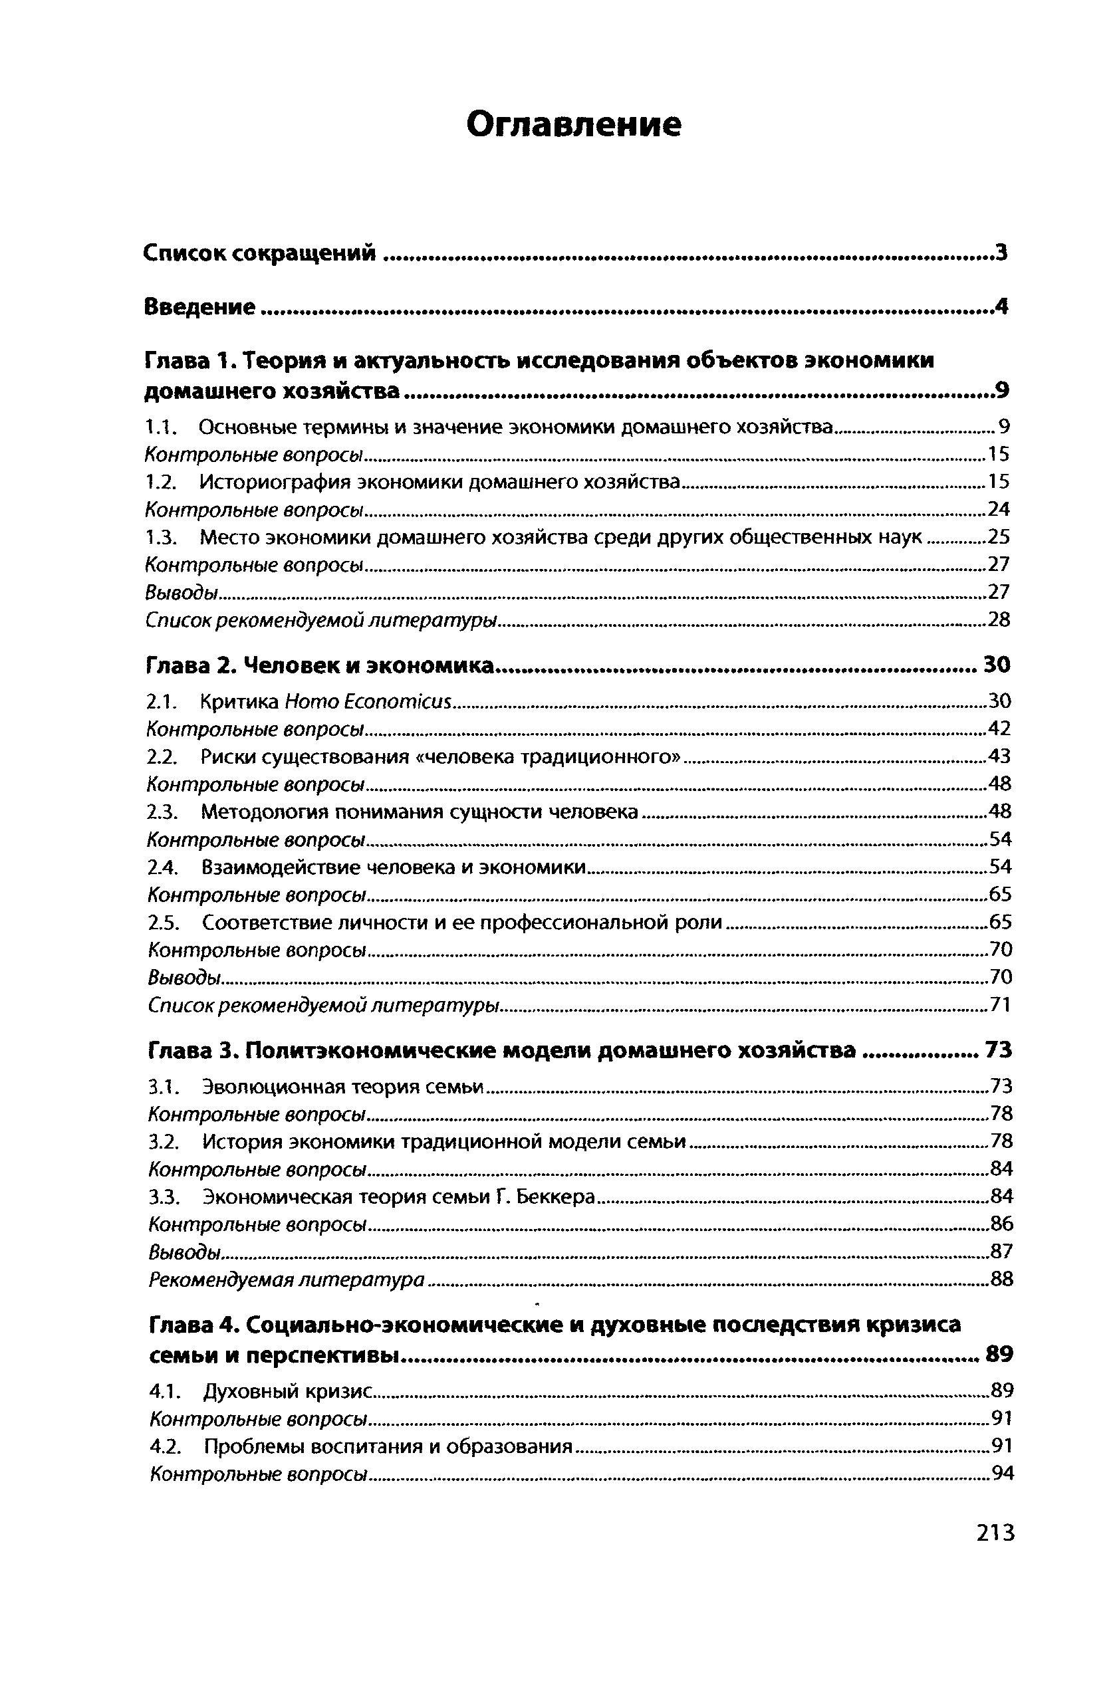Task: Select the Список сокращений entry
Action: point(260,253)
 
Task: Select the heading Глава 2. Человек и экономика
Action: point(320,665)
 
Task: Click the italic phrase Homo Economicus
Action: point(368,702)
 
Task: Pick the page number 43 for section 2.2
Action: point(1001,756)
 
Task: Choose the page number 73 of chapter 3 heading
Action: point(999,1050)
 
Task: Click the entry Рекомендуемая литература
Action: point(287,1280)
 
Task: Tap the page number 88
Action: point(1002,1280)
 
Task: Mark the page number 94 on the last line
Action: point(1003,1474)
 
